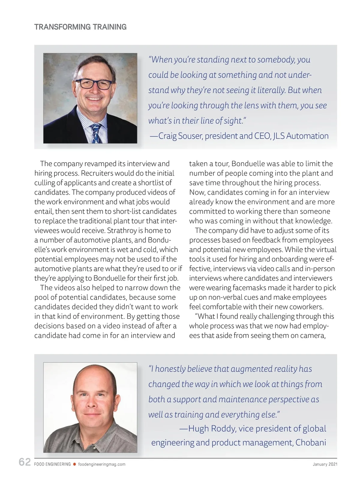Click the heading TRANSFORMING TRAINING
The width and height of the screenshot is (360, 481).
click(80, 27)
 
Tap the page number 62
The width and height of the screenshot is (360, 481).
click(25, 462)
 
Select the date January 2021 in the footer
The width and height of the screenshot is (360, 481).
click(325, 464)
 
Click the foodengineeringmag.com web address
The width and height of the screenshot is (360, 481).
click(102, 464)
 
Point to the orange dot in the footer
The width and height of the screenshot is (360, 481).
click(74, 464)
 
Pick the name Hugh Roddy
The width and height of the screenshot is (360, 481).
click(212, 428)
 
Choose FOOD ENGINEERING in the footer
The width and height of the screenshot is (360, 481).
click(52, 464)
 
